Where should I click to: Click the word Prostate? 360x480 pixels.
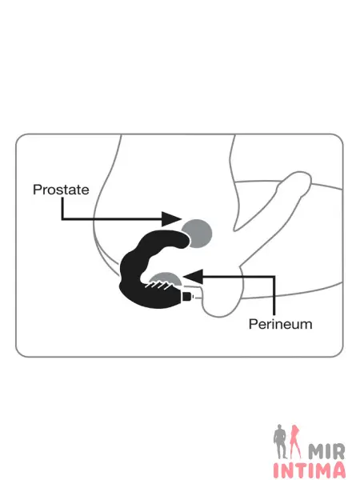(61, 190)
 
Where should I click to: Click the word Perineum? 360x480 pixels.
(281, 324)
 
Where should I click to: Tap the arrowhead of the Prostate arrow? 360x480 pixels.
(172, 219)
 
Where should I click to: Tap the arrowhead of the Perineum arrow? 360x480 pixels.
(194, 277)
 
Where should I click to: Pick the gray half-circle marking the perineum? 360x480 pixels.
(166, 278)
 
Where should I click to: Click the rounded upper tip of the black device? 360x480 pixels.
(186, 239)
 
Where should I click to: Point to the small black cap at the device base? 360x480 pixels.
(187, 296)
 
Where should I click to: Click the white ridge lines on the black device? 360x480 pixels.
(158, 286)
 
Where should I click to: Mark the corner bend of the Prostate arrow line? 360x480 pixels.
(62, 218)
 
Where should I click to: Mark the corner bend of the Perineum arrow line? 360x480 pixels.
(274, 277)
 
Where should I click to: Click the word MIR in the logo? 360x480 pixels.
(326, 451)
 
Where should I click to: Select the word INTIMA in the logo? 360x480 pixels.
(309, 470)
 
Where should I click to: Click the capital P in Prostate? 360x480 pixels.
(37, 190)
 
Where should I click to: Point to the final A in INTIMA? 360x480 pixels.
(338, 470)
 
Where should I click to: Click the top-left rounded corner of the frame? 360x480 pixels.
(19, 137)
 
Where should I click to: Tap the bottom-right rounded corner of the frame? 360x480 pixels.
(340, 354)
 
